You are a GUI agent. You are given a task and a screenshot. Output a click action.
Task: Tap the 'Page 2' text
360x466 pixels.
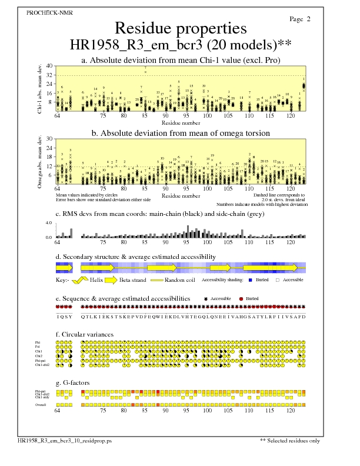coord(300,19)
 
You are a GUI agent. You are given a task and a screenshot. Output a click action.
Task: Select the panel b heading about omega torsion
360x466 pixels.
coord(180,133)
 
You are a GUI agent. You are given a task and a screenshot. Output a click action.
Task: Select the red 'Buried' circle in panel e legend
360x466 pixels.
coord(241,299)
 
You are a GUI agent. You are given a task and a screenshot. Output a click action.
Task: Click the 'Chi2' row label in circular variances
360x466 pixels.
coord(39,356)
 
